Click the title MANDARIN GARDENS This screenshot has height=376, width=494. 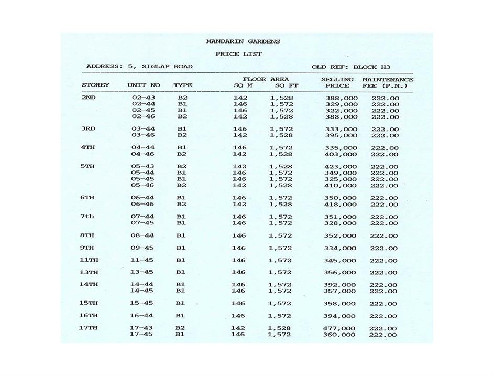click(243, 41)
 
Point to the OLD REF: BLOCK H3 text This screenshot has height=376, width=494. click(350, 67)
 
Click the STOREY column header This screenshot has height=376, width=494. click(95, 85)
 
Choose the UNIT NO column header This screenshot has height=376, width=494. click(144, 85)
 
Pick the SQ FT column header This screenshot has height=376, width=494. click(286, 85)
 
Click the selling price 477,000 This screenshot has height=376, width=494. click(340, 328)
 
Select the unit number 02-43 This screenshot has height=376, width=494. click(143, 98)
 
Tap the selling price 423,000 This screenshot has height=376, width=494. click(341, 167)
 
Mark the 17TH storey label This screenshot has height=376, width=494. click(89, 328)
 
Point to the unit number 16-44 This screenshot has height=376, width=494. click(141, 315)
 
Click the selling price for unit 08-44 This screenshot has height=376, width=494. click(341, 235)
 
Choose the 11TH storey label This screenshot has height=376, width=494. click(89, 260)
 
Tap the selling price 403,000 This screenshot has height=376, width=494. click(341, 154)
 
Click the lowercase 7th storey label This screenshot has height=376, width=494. click(87, 216)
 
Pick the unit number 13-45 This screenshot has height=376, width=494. click(141, 272)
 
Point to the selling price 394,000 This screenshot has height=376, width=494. click(340, 316)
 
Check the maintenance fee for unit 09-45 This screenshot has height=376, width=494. click(384, 248)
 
